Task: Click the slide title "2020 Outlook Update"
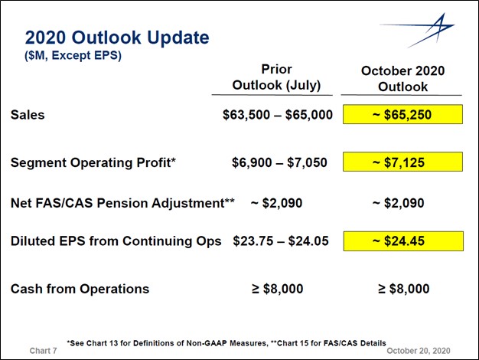click(117, 38)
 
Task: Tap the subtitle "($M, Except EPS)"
click(73, 56)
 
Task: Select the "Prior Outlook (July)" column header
click(276, 77)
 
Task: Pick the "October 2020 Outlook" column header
click(402, 79)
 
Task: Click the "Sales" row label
click(28, 115)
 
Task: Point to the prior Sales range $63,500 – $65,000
click(278, 115)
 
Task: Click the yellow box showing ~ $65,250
click(402, 114)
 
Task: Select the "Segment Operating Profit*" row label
click(93, 162)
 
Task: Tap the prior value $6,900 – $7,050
click(279, 162)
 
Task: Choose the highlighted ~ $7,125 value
click(402, 162)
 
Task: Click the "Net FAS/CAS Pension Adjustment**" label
click(122, 203)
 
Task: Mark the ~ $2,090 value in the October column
click(399, 203)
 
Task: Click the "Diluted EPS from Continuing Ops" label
click(116, 241)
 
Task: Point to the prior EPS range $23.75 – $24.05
click(281, 241)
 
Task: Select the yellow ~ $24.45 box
click(403, 241)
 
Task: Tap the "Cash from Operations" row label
click(80, 289)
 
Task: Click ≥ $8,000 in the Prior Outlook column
click(278, 289)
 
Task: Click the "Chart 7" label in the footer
click(43, 351)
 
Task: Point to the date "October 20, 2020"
click(419, 351)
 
